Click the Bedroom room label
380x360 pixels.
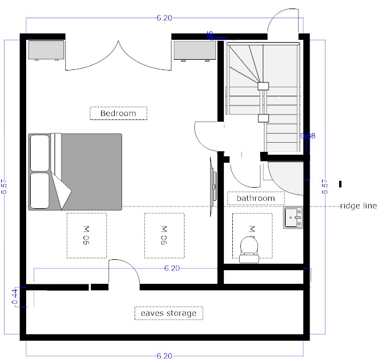[118, 113]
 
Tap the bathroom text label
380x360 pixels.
[256, 198]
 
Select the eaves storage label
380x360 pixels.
[169, 313]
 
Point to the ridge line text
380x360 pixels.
[358, 206]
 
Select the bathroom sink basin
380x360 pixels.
[294, 217]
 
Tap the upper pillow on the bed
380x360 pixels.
[40, 152]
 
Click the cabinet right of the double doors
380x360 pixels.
[194, 49]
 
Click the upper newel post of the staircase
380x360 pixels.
[263, 86]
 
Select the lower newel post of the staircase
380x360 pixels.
[263, 118]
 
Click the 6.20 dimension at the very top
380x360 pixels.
[164, 18]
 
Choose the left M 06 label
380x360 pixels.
[87, 235]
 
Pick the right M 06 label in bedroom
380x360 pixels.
[164, 235]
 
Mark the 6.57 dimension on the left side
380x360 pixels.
[5, 188]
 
